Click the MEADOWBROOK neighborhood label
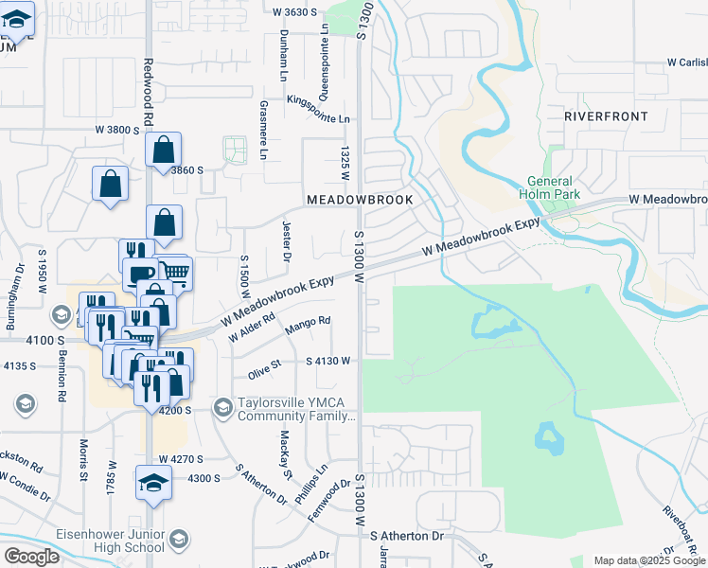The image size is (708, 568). click(x=360, y=201)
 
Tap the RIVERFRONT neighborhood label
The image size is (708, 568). click(x=606, y=116)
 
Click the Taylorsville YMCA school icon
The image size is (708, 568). click(x=223, y=407)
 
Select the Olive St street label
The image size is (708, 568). click(x=265, y=369)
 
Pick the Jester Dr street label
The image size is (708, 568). click(x=285, y=244)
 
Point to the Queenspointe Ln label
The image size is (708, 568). click(x=324, y=68)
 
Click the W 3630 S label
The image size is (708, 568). click(x=293, y=12)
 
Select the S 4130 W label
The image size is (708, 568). click(x=327, y=361)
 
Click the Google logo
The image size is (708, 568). click(x=31, y=557)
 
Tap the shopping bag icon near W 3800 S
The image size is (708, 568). click(x=163, y=150)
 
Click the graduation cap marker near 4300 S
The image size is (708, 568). click(x=153, y=483)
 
